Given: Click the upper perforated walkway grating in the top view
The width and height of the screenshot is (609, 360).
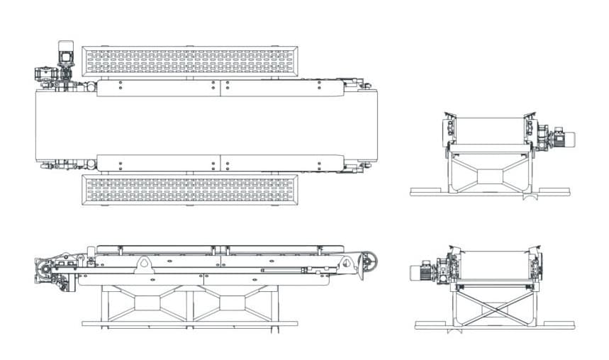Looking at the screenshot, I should [x=189, y=61].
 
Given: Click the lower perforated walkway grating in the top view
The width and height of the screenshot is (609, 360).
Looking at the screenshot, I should [x=189, y=190].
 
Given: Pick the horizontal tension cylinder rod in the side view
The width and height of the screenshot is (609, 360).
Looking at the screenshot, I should [x=284, y=269].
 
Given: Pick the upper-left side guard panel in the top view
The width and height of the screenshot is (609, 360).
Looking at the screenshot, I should [x=158, y=88].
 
